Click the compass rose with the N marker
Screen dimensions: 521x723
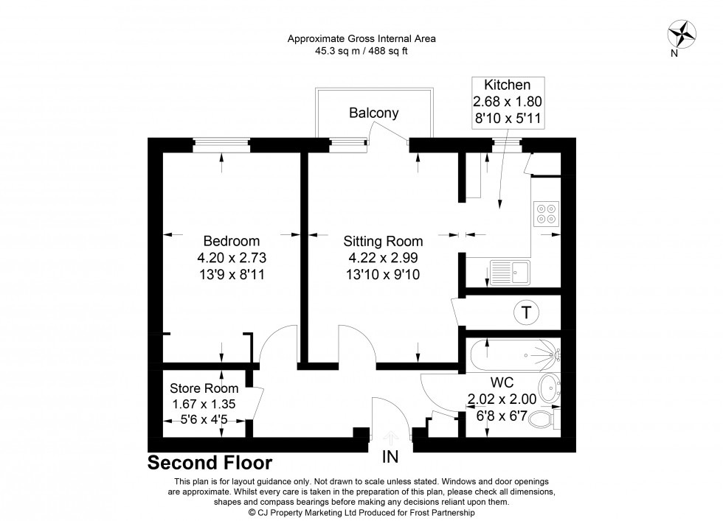682,35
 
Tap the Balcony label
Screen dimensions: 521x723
374,113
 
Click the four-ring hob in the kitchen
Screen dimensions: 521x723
547,214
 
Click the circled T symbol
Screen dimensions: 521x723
525,312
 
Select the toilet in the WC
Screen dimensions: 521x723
547,420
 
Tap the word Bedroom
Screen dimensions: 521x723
231,241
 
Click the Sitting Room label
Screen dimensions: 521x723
383,241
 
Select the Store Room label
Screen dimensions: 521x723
204,388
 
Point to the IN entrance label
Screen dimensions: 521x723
390,457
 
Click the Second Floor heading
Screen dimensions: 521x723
210,464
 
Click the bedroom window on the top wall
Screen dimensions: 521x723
222,144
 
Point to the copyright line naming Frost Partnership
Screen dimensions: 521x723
361,512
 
